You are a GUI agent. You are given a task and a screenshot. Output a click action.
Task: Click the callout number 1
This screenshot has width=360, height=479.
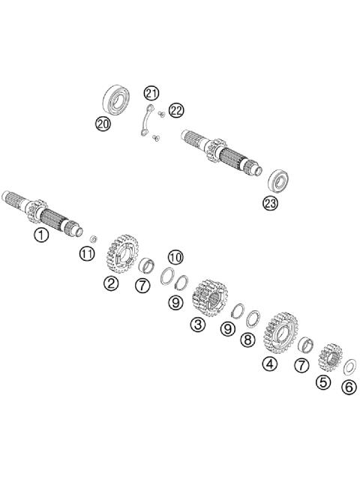[40, 235]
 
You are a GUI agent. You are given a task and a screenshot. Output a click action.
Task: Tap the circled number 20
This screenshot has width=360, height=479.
[103, 123]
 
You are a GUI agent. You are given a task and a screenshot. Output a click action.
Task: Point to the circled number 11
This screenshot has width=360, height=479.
[88, 254]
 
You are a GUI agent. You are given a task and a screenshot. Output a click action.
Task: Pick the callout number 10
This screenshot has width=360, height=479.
[175, 257]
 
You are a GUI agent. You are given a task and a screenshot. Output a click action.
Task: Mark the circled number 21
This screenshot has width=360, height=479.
[152, 93]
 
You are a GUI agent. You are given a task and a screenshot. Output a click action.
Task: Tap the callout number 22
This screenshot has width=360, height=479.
[175, 110]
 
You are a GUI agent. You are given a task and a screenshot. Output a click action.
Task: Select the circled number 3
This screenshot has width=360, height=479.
[197, 325]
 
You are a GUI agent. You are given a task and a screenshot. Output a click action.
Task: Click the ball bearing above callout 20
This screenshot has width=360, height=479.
[115, 100]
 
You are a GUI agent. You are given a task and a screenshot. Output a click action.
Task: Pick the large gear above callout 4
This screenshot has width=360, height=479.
[280, 333]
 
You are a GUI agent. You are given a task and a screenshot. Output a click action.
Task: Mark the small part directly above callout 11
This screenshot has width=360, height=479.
[93, 239]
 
